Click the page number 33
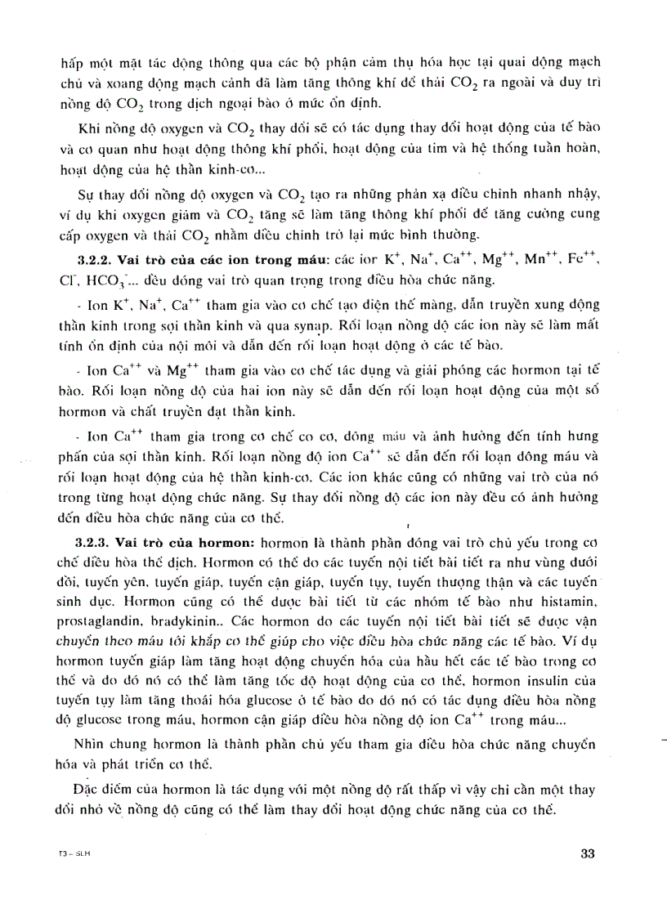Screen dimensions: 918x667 [586, 854]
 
